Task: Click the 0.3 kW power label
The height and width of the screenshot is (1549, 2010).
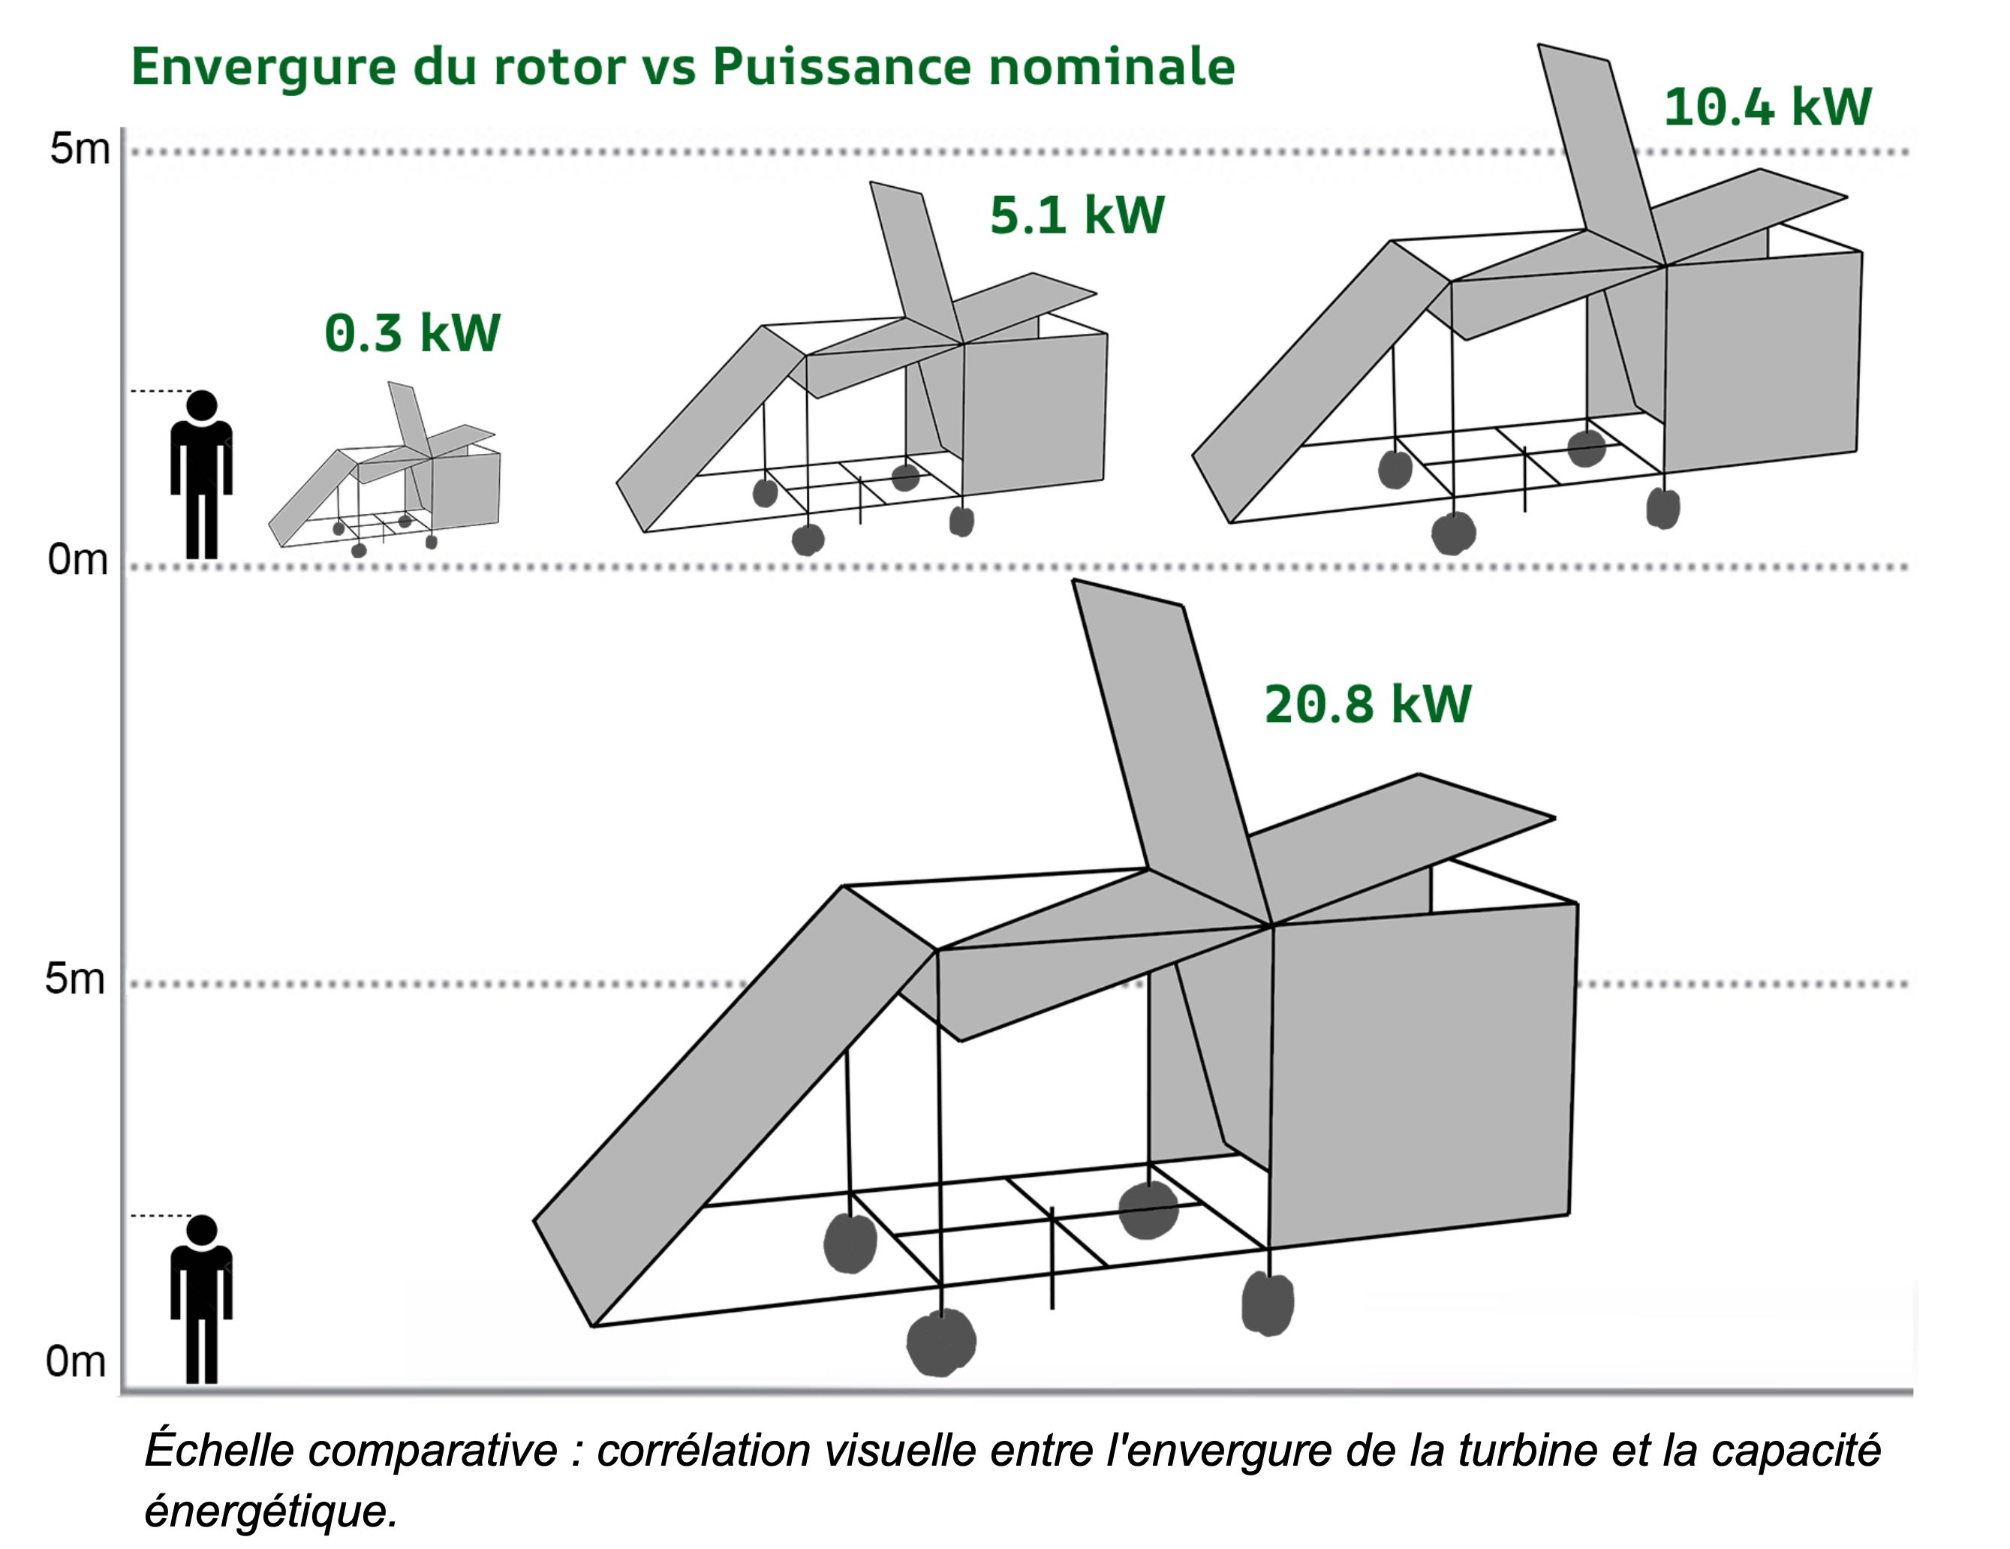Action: [x=411, y=333]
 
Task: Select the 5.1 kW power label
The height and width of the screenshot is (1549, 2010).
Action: [x=1077, y=215]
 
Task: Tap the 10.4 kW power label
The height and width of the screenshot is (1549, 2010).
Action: [x=1767, y=107]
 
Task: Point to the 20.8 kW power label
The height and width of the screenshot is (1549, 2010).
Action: [x=1368, y=704]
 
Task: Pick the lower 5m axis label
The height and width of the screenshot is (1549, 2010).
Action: [x=76, y=979]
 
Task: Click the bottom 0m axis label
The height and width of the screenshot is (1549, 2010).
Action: [x=76, y=1361]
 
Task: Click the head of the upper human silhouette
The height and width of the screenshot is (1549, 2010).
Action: [x=202, y=405]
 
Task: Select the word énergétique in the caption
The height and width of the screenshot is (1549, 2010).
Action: [x=270, y=1510]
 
